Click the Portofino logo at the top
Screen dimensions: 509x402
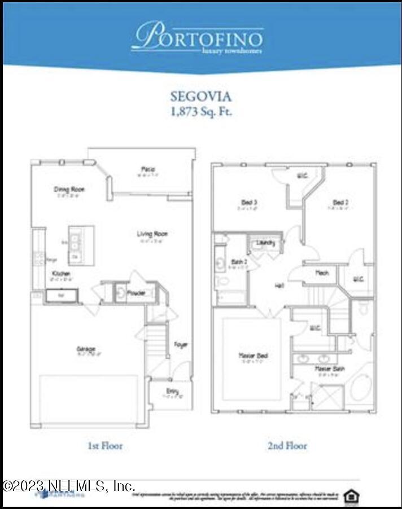[x=198, y=38]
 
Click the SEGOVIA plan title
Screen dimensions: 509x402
[x=201, y=97]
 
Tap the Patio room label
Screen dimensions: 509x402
[x=148, y=170]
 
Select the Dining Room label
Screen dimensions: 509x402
[x=69, y=190]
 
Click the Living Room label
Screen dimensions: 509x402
[x=152, y=234]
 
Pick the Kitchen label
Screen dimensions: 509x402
[x=62, y=274]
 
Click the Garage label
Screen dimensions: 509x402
[x=86, y=349]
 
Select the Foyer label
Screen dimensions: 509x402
[x=181, y=344]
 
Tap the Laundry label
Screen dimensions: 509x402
[x=265, y=243]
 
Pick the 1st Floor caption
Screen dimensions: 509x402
[x=104, y=446]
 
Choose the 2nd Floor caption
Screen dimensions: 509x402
[x=287, y=446]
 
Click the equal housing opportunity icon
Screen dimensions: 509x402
[x=351, y=495]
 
